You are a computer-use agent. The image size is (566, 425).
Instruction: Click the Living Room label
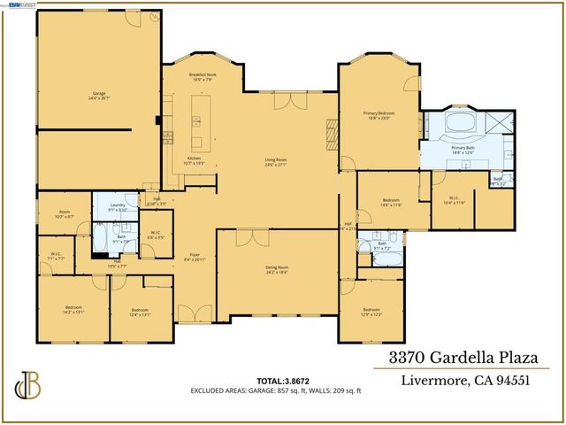tap(276, 163)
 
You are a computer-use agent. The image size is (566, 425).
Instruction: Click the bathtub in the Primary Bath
tap(462, 123)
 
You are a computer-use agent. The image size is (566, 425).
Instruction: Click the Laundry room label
tap(119, 207)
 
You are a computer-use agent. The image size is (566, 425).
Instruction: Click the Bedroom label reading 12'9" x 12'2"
tap(371, 313)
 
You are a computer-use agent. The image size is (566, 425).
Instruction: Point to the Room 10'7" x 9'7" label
tap(65, 214)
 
